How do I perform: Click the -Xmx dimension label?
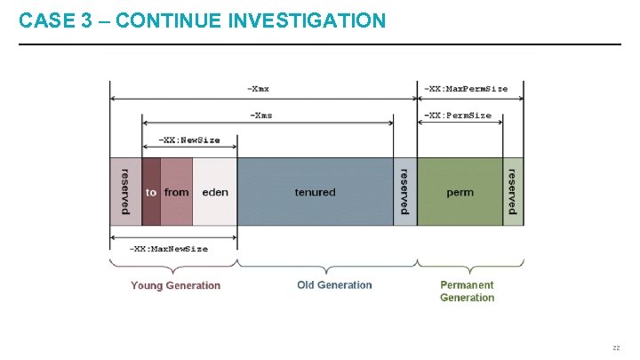(x=260, y=88)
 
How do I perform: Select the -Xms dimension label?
(x=260, y=115)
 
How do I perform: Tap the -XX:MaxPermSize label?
(x=466, y=88)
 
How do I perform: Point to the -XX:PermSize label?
(x=458, y=115)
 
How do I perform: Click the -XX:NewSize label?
(x=188, y=140)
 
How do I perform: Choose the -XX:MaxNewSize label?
(x=169, y=249)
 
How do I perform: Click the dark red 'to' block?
(x=151, y=192)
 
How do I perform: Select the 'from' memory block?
(x=177, y=192)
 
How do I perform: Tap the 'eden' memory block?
(x=215, y=192)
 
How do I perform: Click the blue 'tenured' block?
(x=315, y=192)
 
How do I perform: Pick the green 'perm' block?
(x=460, y=192)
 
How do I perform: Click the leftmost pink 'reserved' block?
(x=124, y=192)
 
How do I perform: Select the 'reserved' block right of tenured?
(x=404, y=192)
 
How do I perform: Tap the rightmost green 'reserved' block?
(x=513, y=192)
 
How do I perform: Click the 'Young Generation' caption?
(x=175, y=285)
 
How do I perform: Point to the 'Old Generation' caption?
(x=334, y=285)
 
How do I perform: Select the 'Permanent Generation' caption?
(x=467, y=292)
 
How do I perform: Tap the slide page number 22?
(x=615, y=348)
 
